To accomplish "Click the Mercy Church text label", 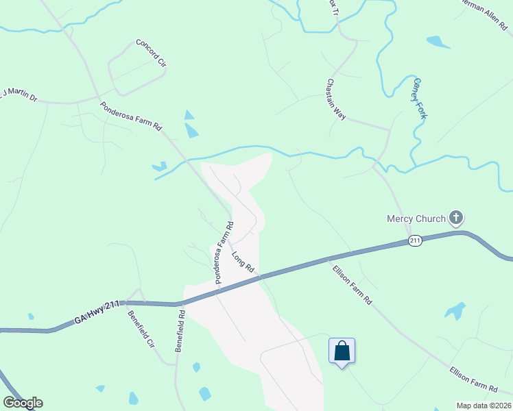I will [x=416, y=220].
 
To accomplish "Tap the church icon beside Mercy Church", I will [x=456, y=219].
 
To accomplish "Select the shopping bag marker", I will [x=342, y=351].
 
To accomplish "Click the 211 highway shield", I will [x=415, y=240].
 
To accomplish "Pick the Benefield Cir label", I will [x=142, y=329].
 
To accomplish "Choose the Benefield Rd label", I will [x=179, y=332].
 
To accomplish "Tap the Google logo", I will [x=23, y=403].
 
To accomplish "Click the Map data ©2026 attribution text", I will [x=483, y=406].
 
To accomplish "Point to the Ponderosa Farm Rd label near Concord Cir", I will [x=130, y=117].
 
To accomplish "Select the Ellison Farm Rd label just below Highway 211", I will [x=351, y=285].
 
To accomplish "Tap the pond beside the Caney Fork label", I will [x=438, y=42].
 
